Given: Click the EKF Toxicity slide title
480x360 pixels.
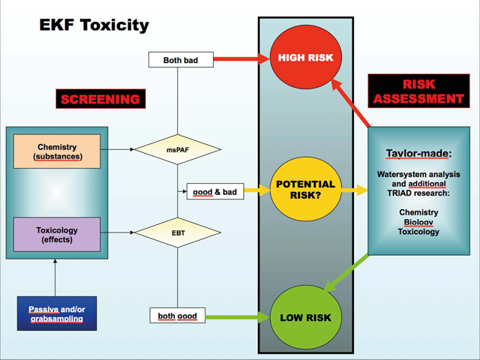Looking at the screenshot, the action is point(94,25).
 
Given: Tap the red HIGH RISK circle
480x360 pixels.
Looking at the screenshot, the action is point(305,57).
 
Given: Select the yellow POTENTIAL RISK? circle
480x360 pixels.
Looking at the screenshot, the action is point(305,189).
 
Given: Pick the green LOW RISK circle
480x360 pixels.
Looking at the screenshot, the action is point(305,317).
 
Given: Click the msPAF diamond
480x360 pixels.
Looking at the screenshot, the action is point(178,150).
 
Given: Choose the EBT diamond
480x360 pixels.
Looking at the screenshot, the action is point(178,232).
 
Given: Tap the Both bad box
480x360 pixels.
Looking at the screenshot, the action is point(181,60).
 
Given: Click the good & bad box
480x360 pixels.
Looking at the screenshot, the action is point(215,191).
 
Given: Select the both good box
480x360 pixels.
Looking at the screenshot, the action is point(178,316).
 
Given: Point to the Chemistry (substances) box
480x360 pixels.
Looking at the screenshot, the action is point(57,151).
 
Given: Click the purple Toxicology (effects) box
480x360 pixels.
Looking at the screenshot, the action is point(57,235).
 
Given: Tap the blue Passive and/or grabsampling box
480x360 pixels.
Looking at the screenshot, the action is point(57,313).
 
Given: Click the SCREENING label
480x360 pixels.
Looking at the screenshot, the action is point(100,99).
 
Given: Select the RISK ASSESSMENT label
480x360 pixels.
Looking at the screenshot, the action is point(418,91).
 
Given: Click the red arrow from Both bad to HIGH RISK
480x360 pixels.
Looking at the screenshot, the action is point(241,58).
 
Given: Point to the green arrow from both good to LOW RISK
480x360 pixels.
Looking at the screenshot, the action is point(238,317).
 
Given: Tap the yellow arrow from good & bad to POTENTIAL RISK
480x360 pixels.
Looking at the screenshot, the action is point(257,190).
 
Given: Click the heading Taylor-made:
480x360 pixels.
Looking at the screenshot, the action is point(418,153).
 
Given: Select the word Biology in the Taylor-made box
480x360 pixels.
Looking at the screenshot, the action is point(418,222).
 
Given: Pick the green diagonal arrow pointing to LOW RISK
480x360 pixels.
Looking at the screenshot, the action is point(346,273).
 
